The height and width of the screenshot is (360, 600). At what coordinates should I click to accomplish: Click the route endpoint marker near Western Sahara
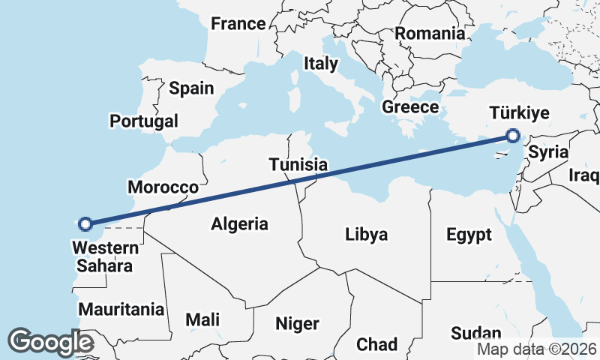85,223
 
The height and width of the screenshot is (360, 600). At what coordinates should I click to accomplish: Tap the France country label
238,24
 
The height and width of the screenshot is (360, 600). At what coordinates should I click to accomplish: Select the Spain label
191,88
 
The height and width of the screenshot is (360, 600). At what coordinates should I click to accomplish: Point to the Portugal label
144,121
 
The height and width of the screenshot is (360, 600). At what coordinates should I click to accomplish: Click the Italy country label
320,64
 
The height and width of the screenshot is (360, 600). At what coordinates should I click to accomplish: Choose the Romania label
430,33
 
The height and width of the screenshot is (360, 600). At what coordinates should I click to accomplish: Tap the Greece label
410,107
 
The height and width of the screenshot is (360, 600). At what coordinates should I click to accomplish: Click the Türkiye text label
519,113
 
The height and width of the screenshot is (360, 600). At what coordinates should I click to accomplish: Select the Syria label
548,152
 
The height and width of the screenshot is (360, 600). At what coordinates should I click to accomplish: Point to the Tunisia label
298,164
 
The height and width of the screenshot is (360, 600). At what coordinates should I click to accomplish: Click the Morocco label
163,187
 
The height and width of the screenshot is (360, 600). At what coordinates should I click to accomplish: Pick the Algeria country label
239,223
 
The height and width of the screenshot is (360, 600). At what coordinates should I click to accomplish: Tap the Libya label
367,234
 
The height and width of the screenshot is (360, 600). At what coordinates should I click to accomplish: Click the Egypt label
469,235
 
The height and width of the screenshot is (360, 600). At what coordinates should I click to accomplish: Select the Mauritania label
121,309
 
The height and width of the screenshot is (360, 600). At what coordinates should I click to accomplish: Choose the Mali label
202,320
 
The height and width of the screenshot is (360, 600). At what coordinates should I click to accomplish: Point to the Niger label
297,324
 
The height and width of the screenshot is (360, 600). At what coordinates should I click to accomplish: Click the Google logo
50,342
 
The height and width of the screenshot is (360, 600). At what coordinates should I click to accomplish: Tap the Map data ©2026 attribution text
536,349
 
